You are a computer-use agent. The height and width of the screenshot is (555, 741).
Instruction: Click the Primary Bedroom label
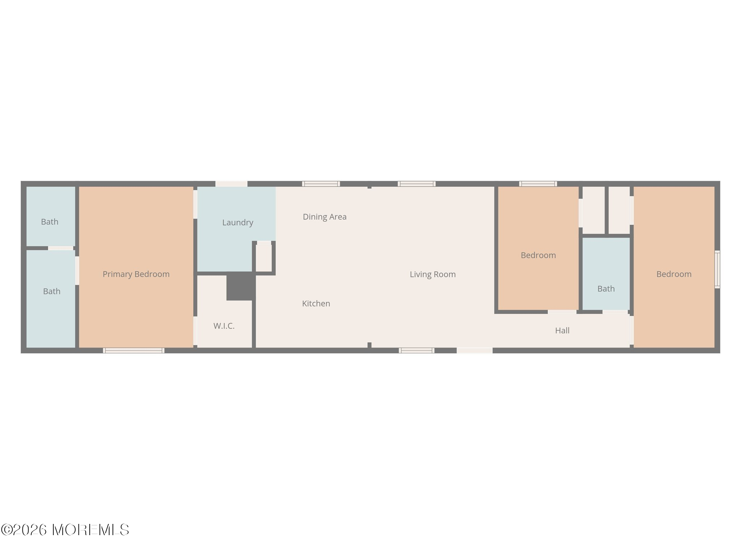coord(136,274)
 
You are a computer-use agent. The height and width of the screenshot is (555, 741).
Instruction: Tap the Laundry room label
coord(237,223)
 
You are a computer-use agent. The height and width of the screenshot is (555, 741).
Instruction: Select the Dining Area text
coord(325,217)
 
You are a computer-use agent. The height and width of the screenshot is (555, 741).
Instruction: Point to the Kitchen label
coord(316,304)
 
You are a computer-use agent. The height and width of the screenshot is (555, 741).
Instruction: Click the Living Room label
coord(432,274)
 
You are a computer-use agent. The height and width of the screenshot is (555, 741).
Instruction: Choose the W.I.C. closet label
coord(224,326)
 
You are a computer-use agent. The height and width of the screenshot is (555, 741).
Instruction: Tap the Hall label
coord(562,331)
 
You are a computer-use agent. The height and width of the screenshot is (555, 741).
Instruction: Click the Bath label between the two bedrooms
coord(606,289)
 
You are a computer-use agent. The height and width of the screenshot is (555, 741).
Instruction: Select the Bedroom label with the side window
coord(674,274)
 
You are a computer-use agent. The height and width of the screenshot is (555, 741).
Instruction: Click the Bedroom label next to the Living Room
coord(538,255)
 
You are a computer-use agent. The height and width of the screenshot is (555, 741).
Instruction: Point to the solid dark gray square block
coord(241,286)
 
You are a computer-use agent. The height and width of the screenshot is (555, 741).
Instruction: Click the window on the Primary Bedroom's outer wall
coord(134,350)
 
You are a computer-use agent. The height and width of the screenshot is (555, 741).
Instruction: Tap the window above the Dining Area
coord(321,184)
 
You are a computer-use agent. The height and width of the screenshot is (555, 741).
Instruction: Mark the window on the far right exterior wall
coord(717,270)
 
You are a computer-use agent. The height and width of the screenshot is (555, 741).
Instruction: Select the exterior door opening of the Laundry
coord(231,184)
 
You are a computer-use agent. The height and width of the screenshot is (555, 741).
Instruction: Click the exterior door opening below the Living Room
coord(474,350)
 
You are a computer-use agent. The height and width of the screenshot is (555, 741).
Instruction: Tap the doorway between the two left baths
coord(61,248)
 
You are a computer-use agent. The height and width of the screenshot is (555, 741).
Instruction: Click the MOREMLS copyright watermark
coord(65,530)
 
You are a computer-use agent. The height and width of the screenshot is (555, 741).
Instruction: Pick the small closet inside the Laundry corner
coord(264,258)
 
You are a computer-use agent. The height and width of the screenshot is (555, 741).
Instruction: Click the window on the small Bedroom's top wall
coord(538,184)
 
